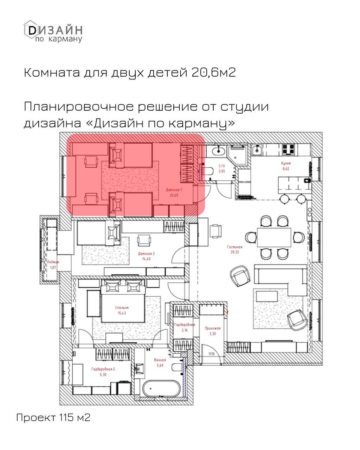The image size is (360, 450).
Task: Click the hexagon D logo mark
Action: [x=30, y=29]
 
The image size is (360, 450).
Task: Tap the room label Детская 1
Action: [x=173, y=190]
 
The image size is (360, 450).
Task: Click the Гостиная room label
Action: [x=235, y=247]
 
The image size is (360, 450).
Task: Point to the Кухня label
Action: [x=286, y=163]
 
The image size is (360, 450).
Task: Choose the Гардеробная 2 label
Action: [x=103, y=369]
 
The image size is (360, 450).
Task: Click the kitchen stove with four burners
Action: [x=289, y=149]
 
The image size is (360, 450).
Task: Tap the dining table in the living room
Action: [x=274, y=238]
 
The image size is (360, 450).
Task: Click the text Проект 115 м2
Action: [x=53, y=417]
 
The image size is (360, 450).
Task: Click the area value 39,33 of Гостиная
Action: [x=235, y=252]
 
